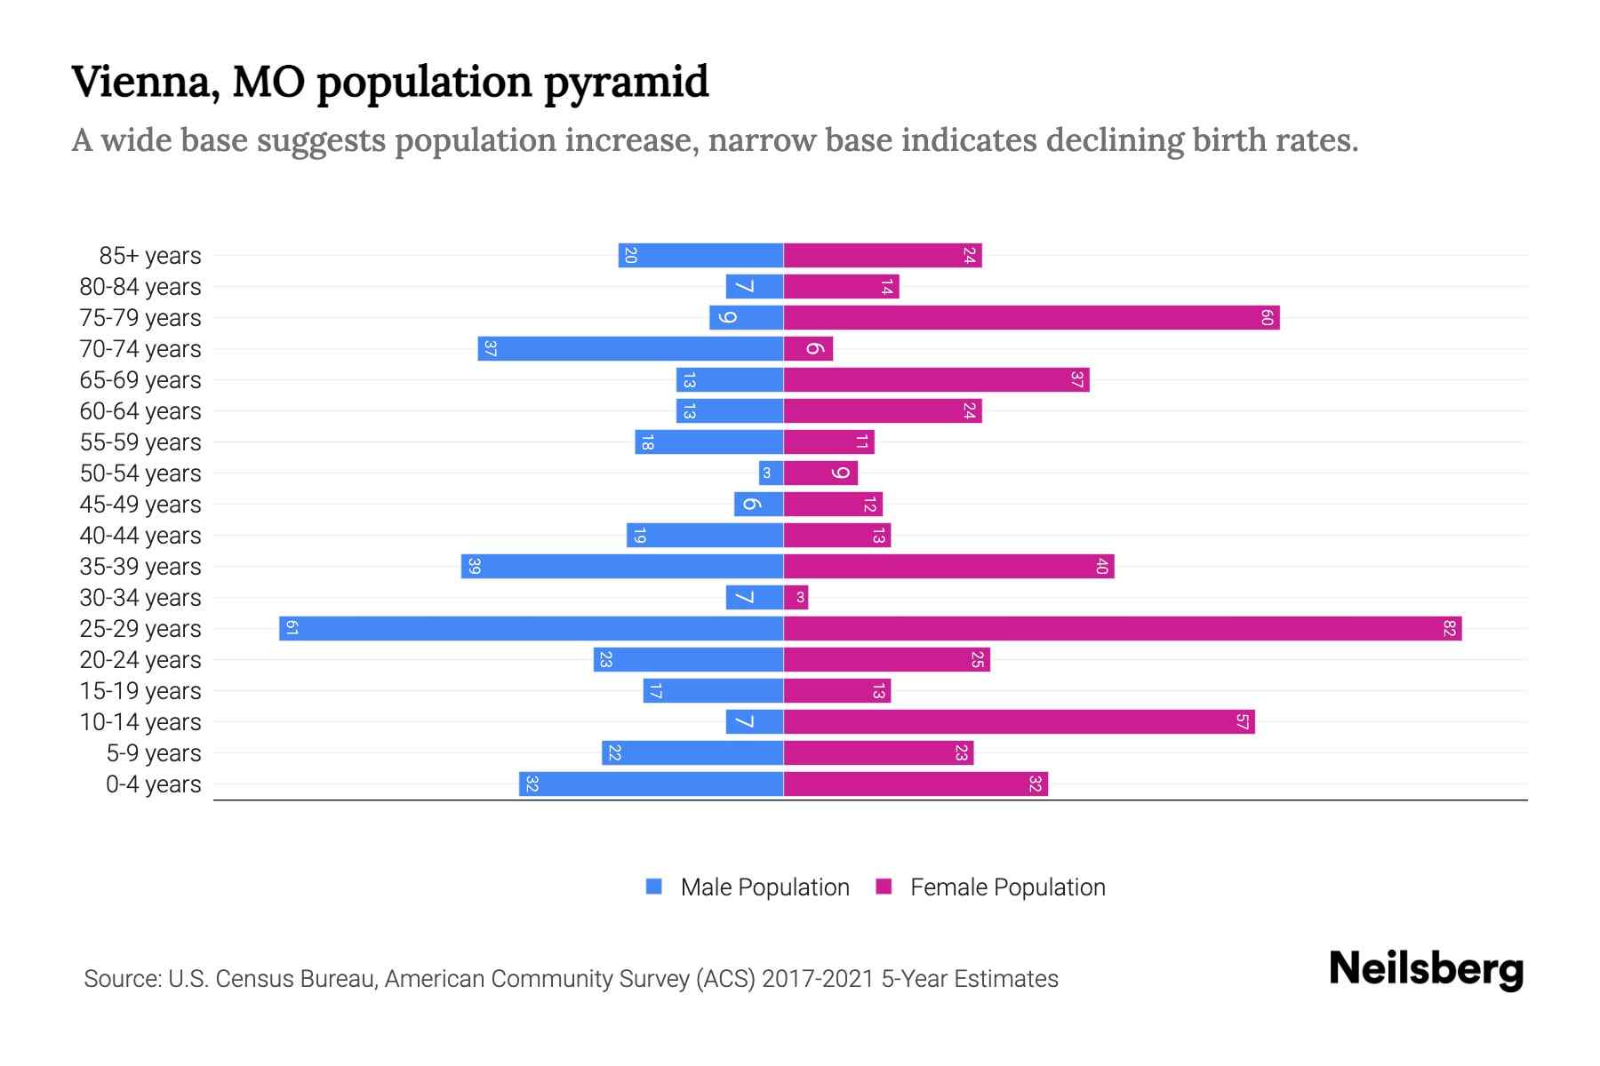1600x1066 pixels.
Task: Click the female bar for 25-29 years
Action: (x=1122, y=629)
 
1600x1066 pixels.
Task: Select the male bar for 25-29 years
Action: (x=531, y=629)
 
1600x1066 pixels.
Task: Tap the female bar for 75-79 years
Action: (x=1031, y=318)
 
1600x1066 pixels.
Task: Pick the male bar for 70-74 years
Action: (x=630, y=349)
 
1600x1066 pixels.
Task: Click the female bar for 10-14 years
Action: (x=1019, y=722)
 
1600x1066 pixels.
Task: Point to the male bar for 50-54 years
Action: (x=771, y=473)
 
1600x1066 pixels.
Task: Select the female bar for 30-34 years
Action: (x=796, y=598)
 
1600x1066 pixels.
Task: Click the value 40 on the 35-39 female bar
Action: (x=1101, y=567)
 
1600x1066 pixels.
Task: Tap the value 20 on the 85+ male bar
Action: (x=630, y=256)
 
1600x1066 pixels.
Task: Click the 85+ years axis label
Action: (x=149, y=256)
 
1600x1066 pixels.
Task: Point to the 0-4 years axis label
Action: (x=153, y=784)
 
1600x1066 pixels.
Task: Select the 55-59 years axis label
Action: (x=140, y=442)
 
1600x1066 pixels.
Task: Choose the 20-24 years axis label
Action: (x=140, y=660)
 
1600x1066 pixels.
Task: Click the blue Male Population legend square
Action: (x=654, y=887)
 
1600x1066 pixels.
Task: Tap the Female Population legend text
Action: (x=1007, y=887)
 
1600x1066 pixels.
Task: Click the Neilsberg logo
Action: (x=1426, y=969)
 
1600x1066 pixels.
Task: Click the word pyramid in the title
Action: (x=626, y=83)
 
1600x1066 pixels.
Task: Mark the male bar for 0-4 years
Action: (x=651, y=784)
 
